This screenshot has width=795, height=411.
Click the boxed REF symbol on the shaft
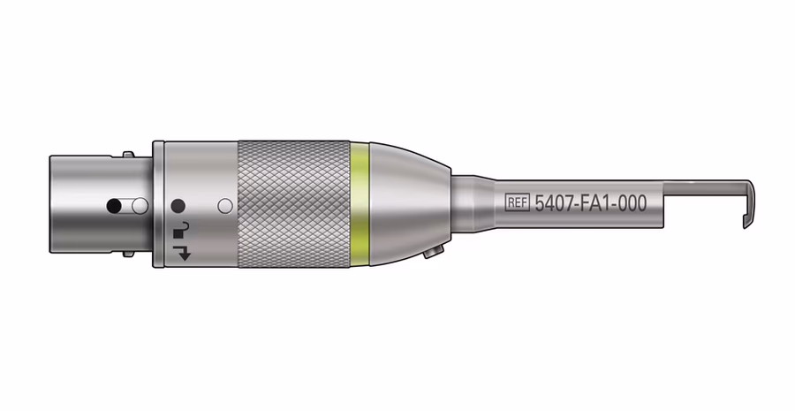[517, 203]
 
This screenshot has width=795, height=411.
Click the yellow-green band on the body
[360, 203]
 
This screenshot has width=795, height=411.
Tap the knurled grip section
[293, 204]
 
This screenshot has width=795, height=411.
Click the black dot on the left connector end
[114, 206]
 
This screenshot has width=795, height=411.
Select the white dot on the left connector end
[140, 206]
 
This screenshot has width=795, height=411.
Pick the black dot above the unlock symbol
[178, 205]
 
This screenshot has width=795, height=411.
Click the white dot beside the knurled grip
[225, 206]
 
